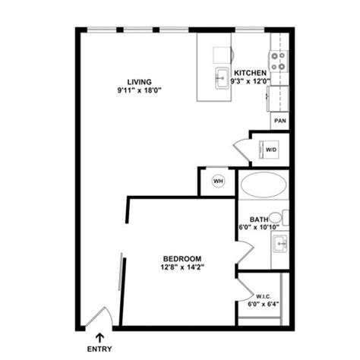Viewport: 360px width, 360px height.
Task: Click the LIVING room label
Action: [x=140, y=82]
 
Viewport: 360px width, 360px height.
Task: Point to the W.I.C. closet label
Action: [x=262, y=295]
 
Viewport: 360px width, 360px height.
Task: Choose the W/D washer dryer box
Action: [x=271, y=150]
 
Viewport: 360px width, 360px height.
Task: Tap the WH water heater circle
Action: [x=217, y=181]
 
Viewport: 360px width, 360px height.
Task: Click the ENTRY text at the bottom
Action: [x=101, y=351]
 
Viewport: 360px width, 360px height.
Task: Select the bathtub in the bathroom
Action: [x=264, y=185]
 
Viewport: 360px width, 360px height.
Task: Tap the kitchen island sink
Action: [x=223, y=77]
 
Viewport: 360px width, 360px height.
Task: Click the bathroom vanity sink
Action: [x=279, y=245]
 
